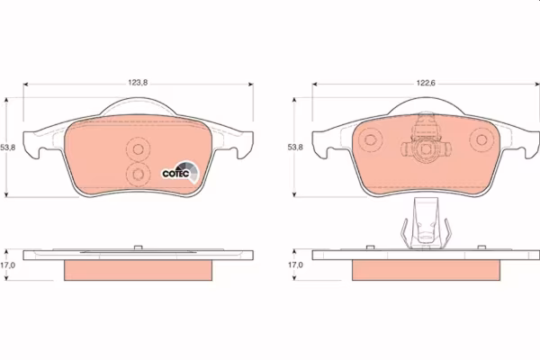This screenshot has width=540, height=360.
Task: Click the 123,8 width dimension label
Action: pyautogui.click(x=138, y=83)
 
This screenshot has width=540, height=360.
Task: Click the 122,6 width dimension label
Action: pyautogui.click(x=426, y=83)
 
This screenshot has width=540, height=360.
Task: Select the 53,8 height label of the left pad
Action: pyautogui.click(x=7, y=148)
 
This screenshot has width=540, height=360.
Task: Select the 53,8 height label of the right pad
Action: pyautogui.click(x=295, y=147)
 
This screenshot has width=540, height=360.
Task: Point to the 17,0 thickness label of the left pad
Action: pyautogui.click(x=7, y=265)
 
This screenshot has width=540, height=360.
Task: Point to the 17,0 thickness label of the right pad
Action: pyautogui.click(x=295, y=265)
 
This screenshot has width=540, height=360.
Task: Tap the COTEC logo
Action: pyautogui.click(x=181, y=172)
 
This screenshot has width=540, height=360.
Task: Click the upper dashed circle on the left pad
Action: pyautogui.click(x=138, y=149)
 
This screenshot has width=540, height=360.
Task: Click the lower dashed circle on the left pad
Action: pyautogui.click(x=138, y=175)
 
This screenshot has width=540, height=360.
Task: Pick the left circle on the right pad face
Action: pyautogui.click(x=370, y=139)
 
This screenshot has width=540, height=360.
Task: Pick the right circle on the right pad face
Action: pyautogui.click(x=481, y=139)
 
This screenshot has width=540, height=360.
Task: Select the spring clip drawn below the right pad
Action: pyautogui.click(x=426, y=223)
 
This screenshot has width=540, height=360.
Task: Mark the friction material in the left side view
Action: pyautogui.click(x=138, y=270)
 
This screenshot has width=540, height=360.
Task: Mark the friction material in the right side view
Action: pyautogui.click(x=426, y=270)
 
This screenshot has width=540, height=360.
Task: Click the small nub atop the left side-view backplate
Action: pyautogui.click(x=138, y=247)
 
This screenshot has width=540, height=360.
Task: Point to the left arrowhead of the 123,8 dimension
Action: pyautogui.click(x=25, y=84)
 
